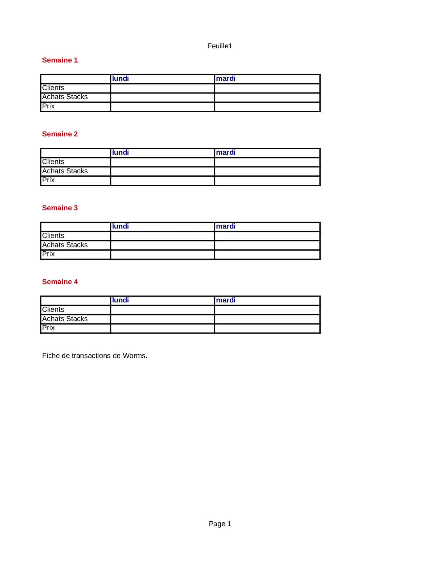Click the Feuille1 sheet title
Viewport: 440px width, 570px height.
220,46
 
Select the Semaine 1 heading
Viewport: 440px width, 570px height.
60,60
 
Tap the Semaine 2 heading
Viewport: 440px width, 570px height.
60,134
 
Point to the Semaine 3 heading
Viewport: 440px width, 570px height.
60,208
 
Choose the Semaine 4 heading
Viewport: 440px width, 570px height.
60,282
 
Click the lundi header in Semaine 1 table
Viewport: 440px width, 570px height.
120,78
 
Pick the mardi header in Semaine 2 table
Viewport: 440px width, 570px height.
226,152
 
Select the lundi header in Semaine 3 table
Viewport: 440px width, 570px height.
120,226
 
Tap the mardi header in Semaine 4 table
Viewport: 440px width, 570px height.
226,300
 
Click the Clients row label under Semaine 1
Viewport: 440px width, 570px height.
53,88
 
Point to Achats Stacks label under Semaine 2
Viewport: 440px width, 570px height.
65,171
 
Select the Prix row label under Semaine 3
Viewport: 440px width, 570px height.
48,254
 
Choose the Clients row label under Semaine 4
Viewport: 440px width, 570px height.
53,309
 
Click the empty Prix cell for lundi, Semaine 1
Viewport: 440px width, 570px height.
163,107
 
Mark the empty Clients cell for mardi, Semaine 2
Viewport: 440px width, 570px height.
267,162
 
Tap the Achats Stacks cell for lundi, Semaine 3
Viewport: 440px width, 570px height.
163,245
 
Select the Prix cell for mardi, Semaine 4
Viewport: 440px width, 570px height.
267,328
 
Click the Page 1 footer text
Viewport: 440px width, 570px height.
220,524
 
